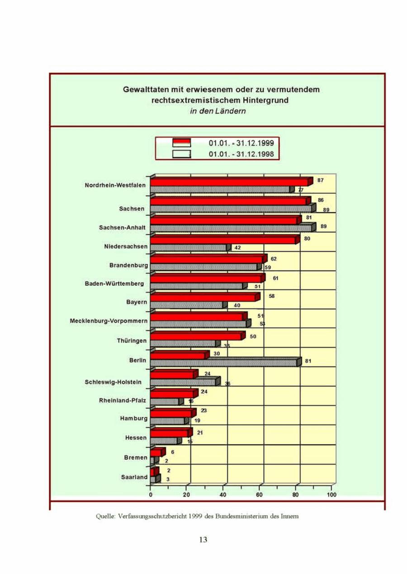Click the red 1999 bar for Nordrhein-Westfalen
pyautogui.click(x=230, y=182)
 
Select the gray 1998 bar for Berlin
pyautogui.click(x=224, y=363)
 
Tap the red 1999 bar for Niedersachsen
pyautogui.click(x=223, y=240)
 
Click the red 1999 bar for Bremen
pyautogui.click(x=156, y=453)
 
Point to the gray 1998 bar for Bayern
pyautogui.click(x=186, y=306)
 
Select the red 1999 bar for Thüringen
pyautogui.click(x=196, y=336)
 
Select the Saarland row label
pyautogui.click(x=134, y=477)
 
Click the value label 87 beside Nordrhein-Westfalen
pyautogui.click(x=320, y=180)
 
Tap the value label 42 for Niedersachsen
pyautogui.click(x=237, y=247)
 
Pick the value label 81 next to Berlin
pyautogui.click(x=308, y=361)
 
